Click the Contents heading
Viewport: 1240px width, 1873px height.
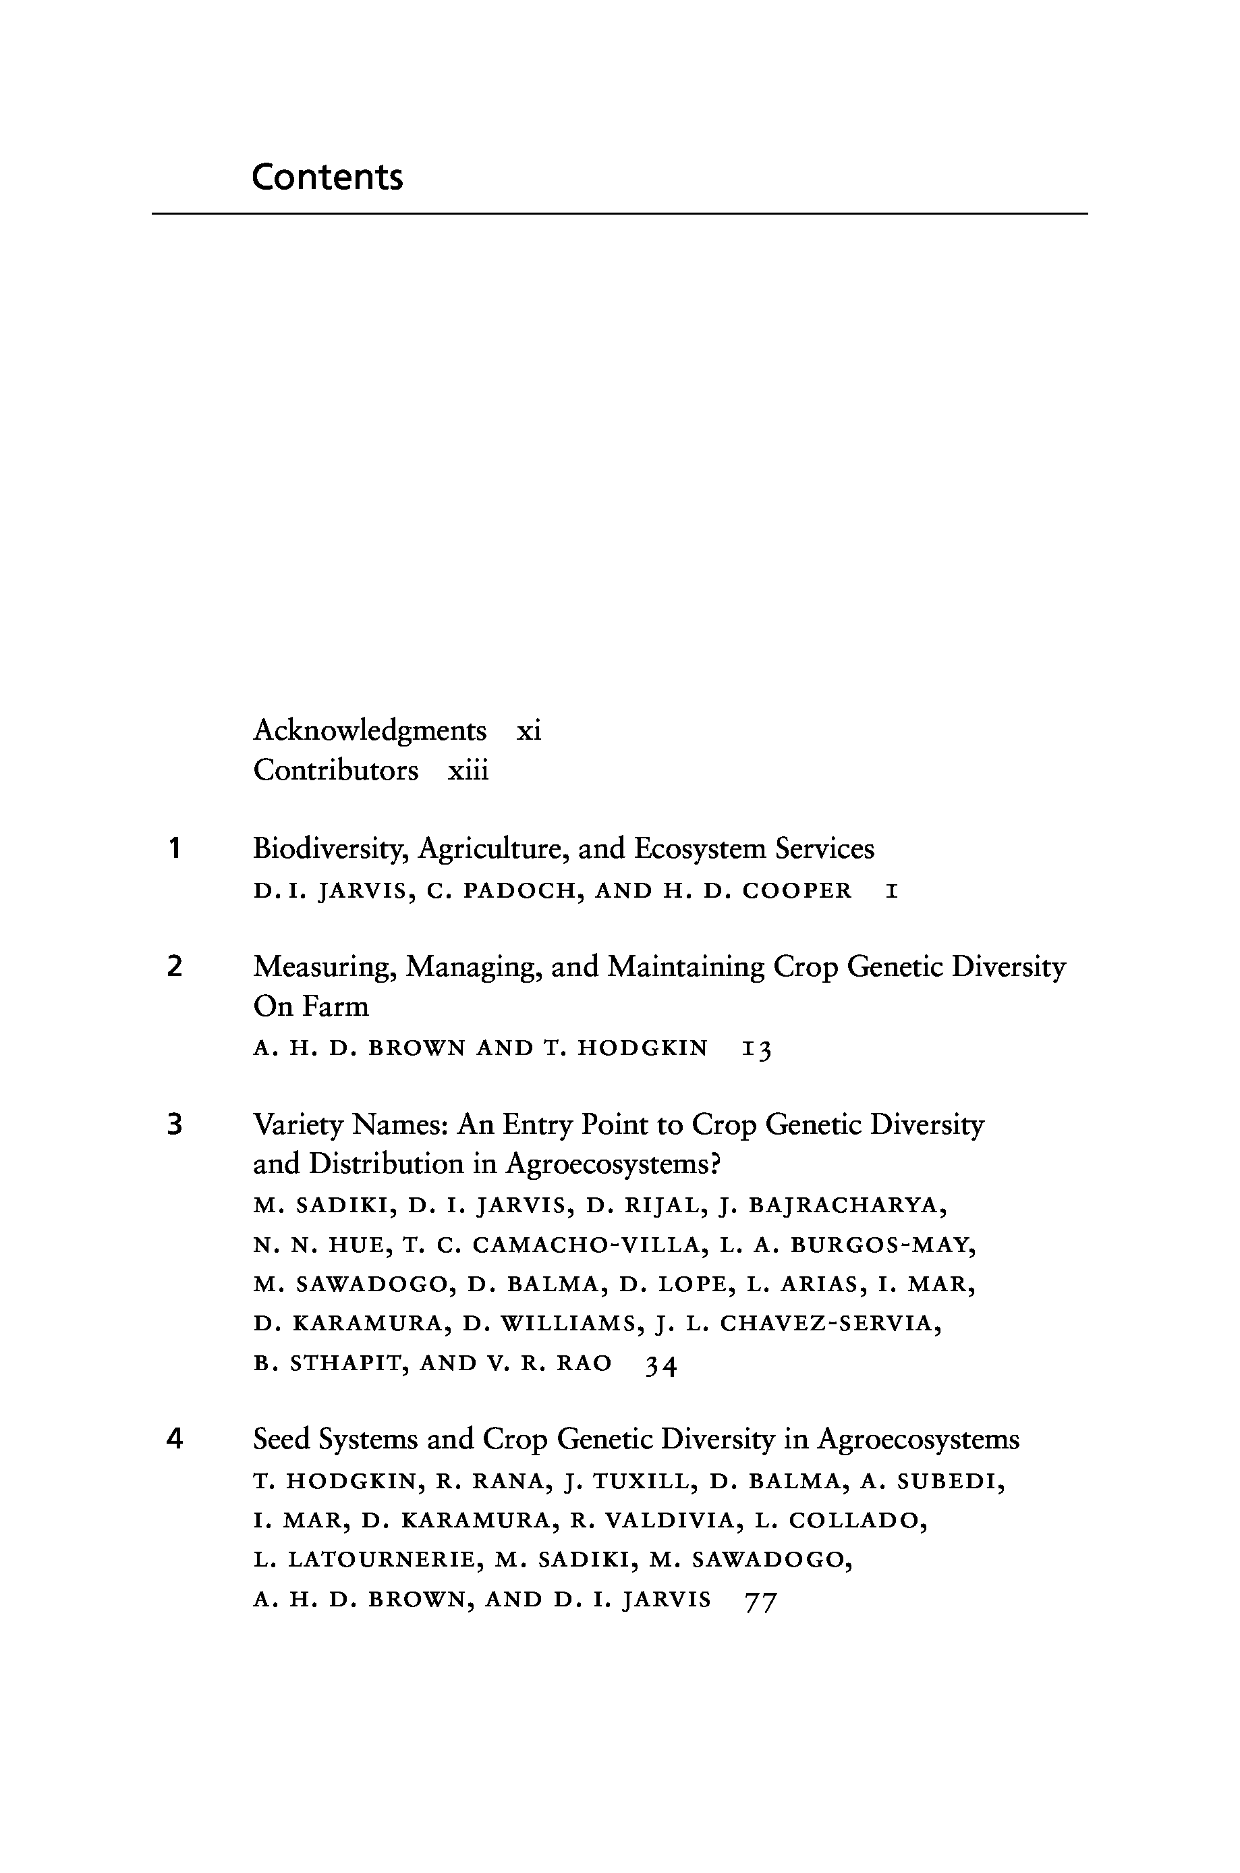pyautogui.click(x=327, y=176)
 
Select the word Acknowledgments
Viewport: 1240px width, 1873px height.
pyautogui.click(x=369, y=730)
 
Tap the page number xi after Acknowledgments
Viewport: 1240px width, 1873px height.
pyautogui.click(x=528, y=730)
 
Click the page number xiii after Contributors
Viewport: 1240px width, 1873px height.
pyautogui.click(x=468, y=770)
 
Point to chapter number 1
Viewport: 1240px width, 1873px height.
pyautogui.click(x=175, y=848)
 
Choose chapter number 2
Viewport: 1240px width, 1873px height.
pyautogui.click(x=175, y=967)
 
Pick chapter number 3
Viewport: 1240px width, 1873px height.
pyautogui.click(x=175, y=1124)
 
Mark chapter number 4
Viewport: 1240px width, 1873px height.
pyautogui.click(x=175, y=1439)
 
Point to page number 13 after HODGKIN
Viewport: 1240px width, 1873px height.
pyautogui.click(x=756, y=1050)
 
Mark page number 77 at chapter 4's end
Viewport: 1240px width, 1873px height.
pyautogui.click(x=761, y=1600)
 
